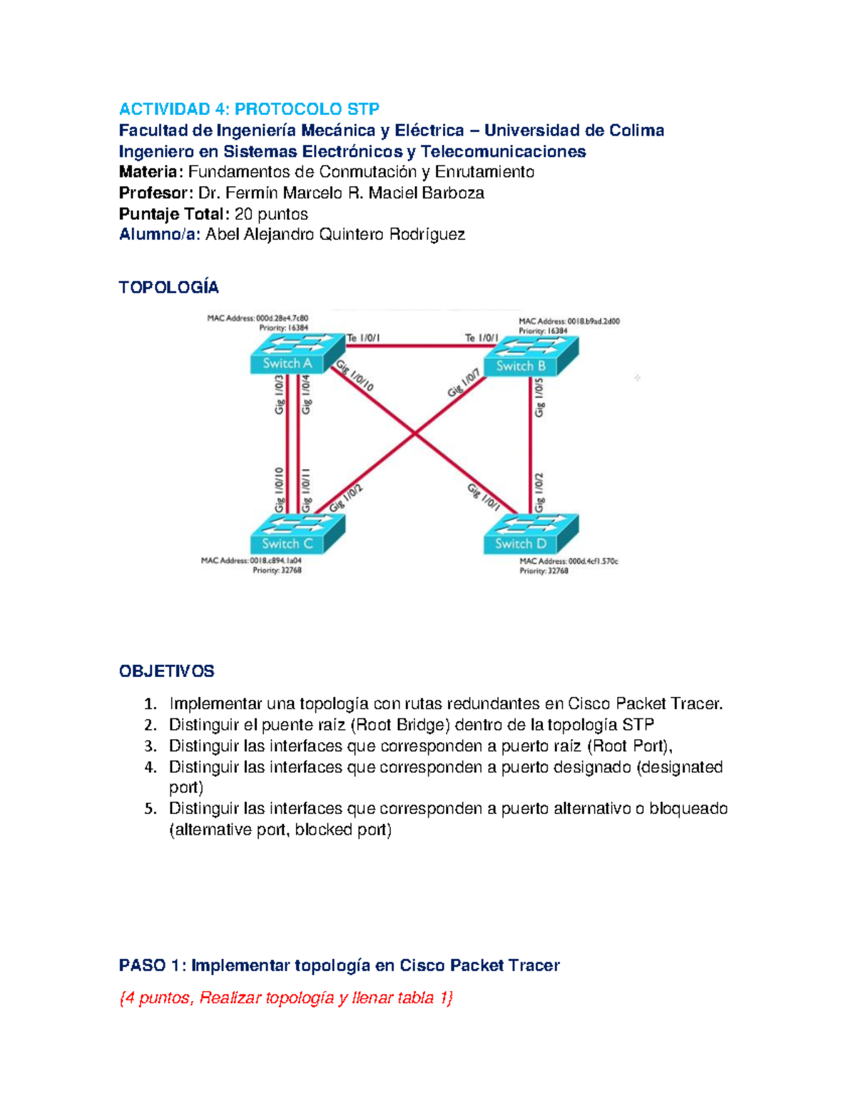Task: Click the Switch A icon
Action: (291, 355)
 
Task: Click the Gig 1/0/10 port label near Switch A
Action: (355, 376)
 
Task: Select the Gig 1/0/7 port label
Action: (464, 383)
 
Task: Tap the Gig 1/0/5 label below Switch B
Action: (539, 397)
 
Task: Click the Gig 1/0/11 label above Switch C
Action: (306, 490)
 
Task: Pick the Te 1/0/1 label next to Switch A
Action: (363, 338)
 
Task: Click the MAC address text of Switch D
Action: (569, 561)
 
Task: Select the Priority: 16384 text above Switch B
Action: (543, 331)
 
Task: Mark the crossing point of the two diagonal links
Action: (414, 433)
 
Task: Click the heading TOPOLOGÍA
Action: (168, 288)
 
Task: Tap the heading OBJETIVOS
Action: (166, 671)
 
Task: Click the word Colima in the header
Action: (636, 131)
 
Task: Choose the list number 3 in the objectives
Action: (150, 746)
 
